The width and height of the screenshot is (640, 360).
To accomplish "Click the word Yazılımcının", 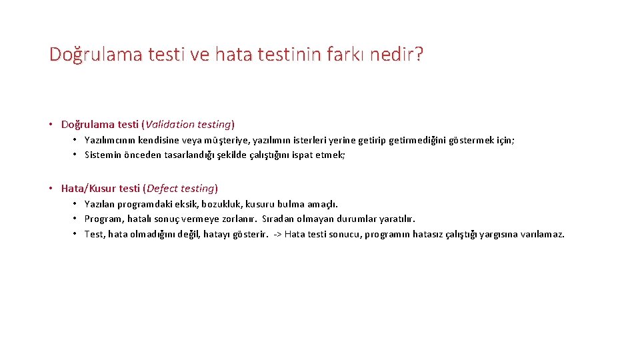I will [x=110, y=140].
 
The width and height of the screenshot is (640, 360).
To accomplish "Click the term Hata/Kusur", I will [x=88, y=188].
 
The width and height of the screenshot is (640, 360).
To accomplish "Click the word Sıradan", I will [x=279, y=219].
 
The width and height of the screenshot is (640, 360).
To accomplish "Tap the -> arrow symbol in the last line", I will [x=278, y=234].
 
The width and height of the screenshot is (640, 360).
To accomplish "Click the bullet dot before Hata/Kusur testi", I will [x=51, y=188].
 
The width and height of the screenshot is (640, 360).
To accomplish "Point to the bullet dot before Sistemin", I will [x=75, y=155].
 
